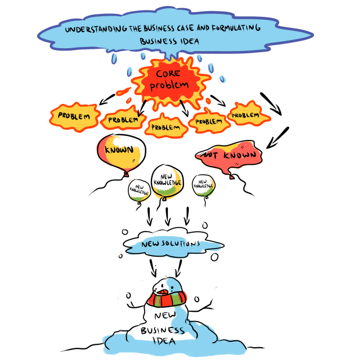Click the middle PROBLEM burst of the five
click(x=163, y=125)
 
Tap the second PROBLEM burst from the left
click(x=123, y=120)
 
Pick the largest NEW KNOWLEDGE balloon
click(x=168, y=181)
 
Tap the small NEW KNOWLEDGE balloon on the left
click(x=139, y=189)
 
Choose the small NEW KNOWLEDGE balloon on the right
click(x=203, y=186)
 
